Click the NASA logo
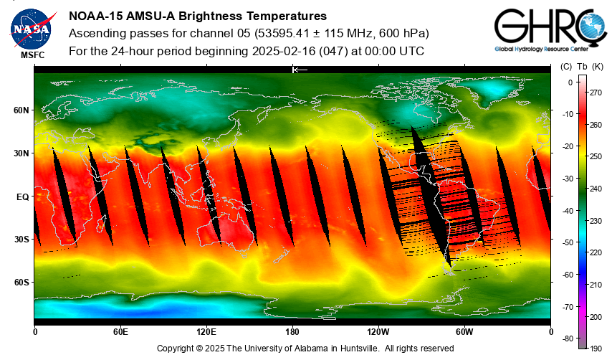(x=31, y=28)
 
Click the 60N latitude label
(x=21, y=110)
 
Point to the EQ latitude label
(x=22, y=196)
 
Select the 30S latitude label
(x=21, y=240)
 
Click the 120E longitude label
(x=206, y=332)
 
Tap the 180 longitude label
(x=292, y=332)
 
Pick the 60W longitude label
(x=464, y=332)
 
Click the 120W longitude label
(x=378, y=332)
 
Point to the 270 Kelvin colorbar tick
(x=595, y=93)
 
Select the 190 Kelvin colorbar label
(x=595, y=348)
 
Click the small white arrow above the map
(x=300, y=70)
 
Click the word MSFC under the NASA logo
(x=31, y=55)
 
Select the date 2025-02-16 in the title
(x=286, y=52)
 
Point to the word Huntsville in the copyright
(x=360, y=349)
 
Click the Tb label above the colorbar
(x=581, y=67)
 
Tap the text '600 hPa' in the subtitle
(x=405, y=34)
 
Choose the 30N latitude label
(x=21, y=153)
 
